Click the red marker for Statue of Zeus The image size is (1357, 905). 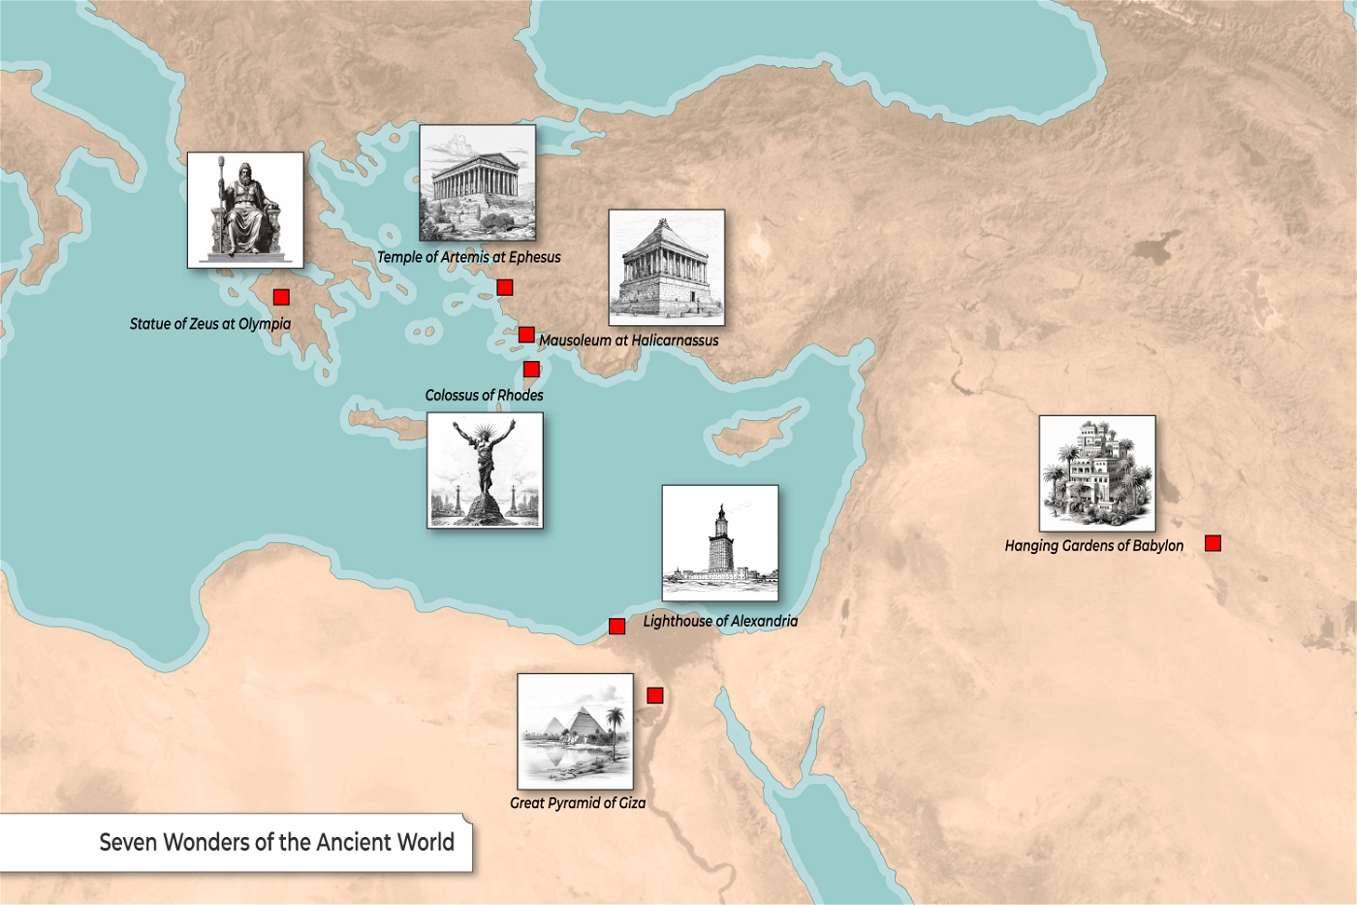[x=281, y=297]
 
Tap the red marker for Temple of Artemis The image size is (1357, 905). [x=504, y=287]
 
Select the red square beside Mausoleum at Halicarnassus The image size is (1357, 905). [x=526, y=335]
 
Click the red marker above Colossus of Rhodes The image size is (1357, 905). [x=531, y=369]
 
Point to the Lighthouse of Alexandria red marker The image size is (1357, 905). [x=616, y=626]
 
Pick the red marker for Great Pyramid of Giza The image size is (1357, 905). [x=655, y=695]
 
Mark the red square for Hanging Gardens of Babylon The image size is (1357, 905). [x=1213, y=543]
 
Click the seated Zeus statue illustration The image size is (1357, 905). [x=245, y=210]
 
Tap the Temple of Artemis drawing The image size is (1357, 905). [x=477, y=182]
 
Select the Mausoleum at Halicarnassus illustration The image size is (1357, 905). [x=666, y=267]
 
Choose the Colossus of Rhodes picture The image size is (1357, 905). [x=485, y=469]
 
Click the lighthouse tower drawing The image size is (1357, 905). [x=719, y=542]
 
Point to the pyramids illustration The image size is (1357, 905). [x=575, y=730]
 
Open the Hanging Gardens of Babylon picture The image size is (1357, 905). [x=1096, y=473]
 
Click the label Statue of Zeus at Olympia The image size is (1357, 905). [x=210, y=324]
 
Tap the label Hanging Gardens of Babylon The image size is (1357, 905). [x=1093, y=546]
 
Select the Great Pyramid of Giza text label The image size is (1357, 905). [x=578, y=803]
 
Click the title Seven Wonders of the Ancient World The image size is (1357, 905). [x=276, y=842]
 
